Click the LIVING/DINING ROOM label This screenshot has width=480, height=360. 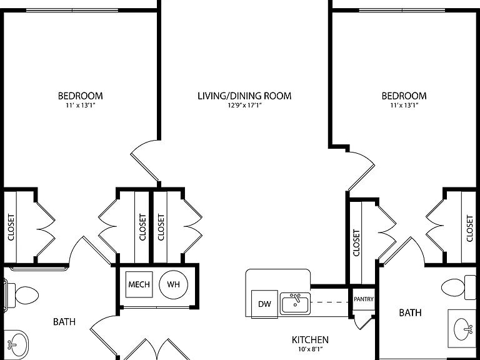point(244,96)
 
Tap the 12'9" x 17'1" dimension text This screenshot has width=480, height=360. point(244,106)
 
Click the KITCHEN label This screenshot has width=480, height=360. point(310,340)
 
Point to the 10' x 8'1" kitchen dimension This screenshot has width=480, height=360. point(310,349)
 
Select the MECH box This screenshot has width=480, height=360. point(139,284)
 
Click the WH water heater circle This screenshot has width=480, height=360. point(173,284)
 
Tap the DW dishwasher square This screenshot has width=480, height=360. point(264,304)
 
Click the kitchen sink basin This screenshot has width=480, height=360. point(296,303)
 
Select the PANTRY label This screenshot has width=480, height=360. point(364,299)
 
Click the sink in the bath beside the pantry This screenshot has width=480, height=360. point(463,329)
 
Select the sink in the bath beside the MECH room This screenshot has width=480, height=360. point(15,344)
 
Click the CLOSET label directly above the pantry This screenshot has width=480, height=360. point(356,242)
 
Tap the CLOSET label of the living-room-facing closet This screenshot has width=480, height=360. point(161,227)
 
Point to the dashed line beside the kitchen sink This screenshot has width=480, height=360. point(330,302)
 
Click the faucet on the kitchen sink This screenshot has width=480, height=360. point(296,299)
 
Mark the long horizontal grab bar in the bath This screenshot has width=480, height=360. point(38,269)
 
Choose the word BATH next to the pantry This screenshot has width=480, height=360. point(410,312)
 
